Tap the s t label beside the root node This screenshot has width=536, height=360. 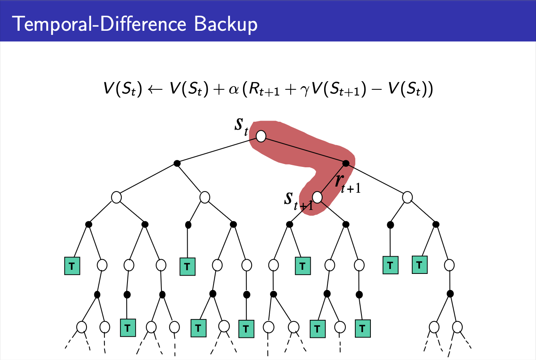pos(241,126)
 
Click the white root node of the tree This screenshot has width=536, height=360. pos(261,136)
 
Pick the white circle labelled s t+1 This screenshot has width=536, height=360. pos(318,197)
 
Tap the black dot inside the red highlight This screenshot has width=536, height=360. pos(346,163)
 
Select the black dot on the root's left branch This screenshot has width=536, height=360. pos(177,163)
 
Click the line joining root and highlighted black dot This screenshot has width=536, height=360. pos(304,150)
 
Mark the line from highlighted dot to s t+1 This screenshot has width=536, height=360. pos(332,180)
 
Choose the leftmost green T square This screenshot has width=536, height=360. pos(72,266)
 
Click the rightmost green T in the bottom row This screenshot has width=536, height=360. pos(362,329)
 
